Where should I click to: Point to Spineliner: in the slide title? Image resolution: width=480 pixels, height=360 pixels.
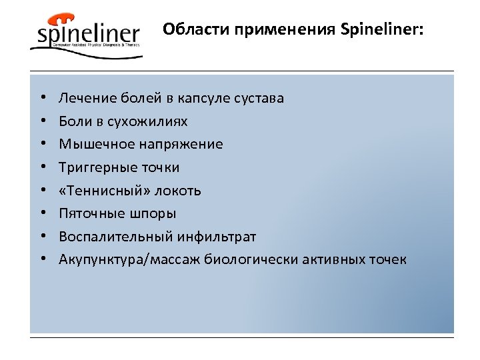click(381, 30)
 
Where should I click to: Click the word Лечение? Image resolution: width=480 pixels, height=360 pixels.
click(84, 98)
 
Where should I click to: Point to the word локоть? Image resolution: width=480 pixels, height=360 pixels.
click(177, 191)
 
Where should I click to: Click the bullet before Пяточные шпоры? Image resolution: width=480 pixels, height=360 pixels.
click(42, 213)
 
